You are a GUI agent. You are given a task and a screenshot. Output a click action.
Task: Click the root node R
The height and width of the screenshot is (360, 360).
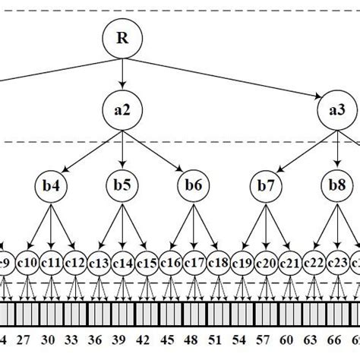pyautogui.click(x=122, y=38)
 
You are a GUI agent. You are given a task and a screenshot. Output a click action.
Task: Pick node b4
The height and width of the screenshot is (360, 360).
pyautogui.click(x=50, y=185)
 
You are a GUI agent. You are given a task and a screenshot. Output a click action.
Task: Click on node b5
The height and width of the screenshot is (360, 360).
pyautogui.click(x=122, y=185)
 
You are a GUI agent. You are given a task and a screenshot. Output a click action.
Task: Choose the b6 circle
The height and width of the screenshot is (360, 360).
pyautogui.click(x=194, y=185)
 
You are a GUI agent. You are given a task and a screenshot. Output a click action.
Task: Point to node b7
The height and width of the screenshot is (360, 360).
pyautogui.click(x=265, y=185)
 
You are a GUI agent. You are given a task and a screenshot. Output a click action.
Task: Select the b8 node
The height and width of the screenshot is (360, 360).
pyautogui.click(x=336, y=185)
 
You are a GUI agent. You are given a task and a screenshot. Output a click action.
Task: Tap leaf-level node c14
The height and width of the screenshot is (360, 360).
pyautogui.click(x=122, y=264)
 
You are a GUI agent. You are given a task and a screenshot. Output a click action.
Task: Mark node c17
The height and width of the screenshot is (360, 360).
pyautogui.click(x=194, y=264)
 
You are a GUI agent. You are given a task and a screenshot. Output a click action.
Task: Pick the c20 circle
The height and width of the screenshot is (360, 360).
pyautogui.click(x=265, y=264)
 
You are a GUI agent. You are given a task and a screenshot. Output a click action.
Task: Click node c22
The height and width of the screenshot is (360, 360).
pyautogui.click(x=313, y=264)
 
